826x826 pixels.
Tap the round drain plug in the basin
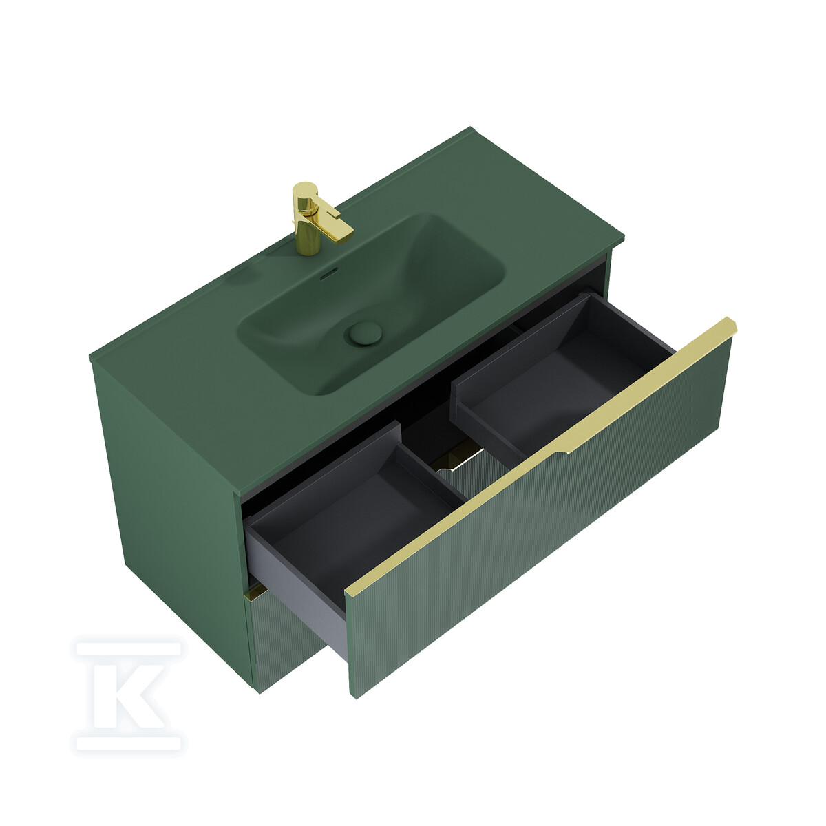[x=366, y=333]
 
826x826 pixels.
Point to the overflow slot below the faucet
[x=329, y=274]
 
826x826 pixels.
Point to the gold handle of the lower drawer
[x=255, y=593]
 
